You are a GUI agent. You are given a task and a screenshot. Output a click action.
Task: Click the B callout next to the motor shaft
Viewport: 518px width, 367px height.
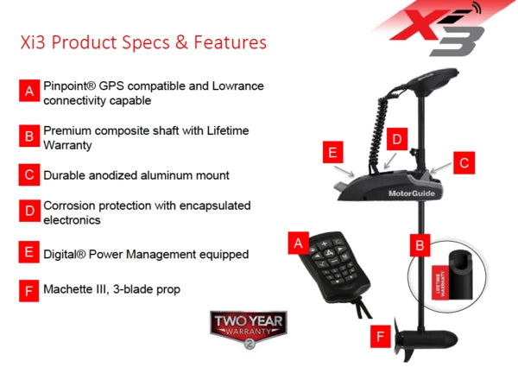pyautogui.click(x=420, y=245)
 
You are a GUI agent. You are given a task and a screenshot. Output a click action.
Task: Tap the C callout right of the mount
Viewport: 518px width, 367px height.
pyautogui.click(x=464, y=161)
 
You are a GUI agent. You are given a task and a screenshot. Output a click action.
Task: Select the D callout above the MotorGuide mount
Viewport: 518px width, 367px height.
pyautogui.click(x=396, y=138)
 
